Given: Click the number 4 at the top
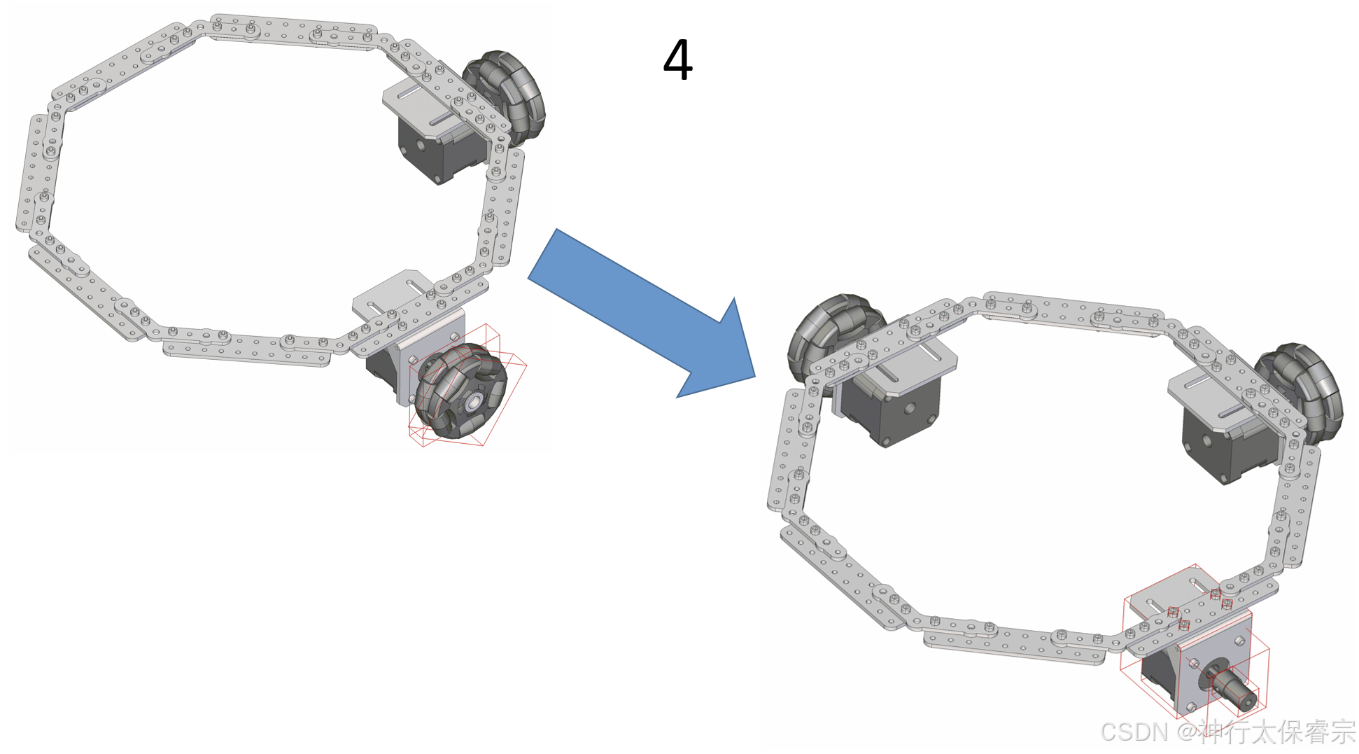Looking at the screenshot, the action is (677, 60).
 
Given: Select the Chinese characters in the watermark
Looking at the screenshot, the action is (1276, 732).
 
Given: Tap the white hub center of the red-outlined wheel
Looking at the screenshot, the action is (474, 402).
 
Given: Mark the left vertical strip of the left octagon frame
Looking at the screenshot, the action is (38, 172).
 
